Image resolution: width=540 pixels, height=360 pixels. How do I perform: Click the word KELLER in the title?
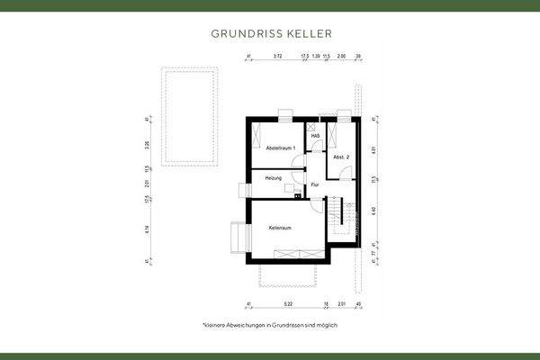coord(309,33)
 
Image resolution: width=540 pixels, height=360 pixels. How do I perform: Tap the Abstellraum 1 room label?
coord(281,148)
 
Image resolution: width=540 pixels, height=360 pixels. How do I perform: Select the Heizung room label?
coord(274,178)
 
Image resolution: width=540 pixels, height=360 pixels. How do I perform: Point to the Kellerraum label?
coord(280,228)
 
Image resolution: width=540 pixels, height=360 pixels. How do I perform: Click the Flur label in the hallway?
coord(315,185)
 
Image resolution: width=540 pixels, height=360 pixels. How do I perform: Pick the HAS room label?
coord(316,136)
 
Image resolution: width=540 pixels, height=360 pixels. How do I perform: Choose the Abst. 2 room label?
coord(340,157)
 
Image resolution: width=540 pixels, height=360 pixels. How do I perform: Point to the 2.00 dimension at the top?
coord(341,57)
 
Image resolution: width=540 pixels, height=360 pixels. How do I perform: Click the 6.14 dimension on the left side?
coord(146,230)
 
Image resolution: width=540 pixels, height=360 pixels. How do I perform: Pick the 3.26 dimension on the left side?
coord(146,144)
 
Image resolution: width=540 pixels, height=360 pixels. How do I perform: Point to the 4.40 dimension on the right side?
coord(372,212)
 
